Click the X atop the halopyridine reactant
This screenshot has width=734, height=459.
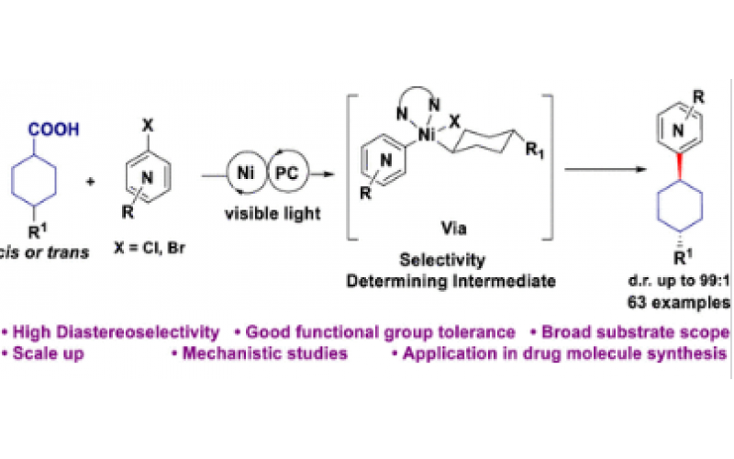140,109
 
